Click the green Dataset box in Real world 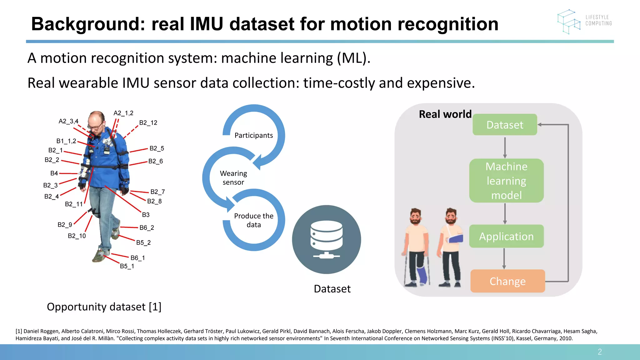505,125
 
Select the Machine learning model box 506,181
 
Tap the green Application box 506,236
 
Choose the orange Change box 507,281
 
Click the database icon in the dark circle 327,239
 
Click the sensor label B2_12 148,123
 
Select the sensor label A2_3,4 68,121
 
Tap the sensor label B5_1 127,266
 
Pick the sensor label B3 146,215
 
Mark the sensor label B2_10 77,236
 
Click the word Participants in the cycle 253,135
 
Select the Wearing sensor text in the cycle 233,177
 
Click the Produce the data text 253,220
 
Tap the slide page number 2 600,352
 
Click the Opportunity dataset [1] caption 104,307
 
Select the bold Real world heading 445,114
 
